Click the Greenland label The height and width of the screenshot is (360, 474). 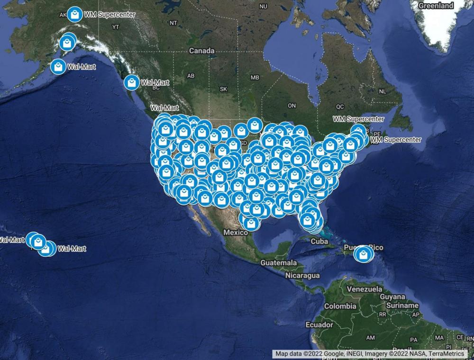[x=436, y=6]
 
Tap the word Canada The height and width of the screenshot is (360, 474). [x=201, y=51]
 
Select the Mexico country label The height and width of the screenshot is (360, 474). [x=236, y=233]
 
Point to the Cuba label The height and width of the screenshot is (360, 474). [x=319, y=241]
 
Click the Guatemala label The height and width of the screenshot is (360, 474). [x=279, y=262]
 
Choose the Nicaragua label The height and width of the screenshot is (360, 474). [x=302, y=275]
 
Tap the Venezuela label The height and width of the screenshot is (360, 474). [x=365, y=289]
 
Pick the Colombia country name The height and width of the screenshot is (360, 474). [x=340, y=306]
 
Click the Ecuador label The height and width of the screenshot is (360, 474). [x=319, y=325]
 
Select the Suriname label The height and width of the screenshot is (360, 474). [x=402, y=306]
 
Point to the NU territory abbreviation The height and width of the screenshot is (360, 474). [x=264, y=6]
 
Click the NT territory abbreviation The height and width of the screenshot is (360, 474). [x=173, y=23]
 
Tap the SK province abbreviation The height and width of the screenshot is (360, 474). [x=224, y=89]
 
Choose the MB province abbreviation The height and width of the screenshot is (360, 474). [x=255, y=77]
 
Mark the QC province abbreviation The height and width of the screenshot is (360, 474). [x=339, y=107]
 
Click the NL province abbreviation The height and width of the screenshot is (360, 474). [x=383, y=91]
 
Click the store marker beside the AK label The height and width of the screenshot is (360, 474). [x=74, y=14]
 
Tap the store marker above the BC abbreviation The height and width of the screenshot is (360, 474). [x=131, y=82]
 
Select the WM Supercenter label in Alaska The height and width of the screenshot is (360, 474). [x=109, y=15]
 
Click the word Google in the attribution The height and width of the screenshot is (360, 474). [x=334, y=354]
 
